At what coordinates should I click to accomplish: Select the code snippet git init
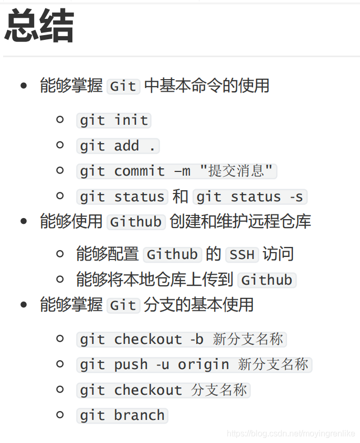click(114, 120)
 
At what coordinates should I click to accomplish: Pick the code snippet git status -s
click(250, 197)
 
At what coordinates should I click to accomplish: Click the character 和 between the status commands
click(180, 197)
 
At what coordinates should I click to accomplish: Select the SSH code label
click(242, 254)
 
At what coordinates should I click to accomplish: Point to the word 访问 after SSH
click(278, 254)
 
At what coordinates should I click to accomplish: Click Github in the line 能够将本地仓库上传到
click(267, 279)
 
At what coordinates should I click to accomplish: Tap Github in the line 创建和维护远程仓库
click(135, 221)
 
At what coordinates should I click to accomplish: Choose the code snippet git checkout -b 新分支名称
click(181, 339)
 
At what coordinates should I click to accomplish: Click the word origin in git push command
click(203, 364)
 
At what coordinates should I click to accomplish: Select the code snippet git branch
click(122, 415)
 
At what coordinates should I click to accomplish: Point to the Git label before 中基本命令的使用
click(123, 86)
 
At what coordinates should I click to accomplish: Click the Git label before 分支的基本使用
click(123, 305)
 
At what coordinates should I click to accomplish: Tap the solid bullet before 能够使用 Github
click(24, 221)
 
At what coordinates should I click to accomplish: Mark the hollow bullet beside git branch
click(60, 415)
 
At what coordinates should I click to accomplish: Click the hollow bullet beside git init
click(60, 120)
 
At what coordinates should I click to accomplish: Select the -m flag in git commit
click(182, 171)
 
